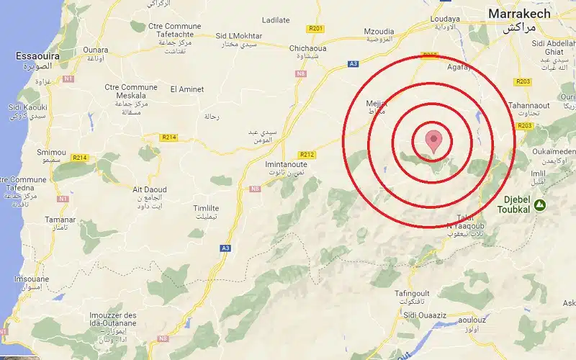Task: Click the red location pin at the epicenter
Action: coord(433,140)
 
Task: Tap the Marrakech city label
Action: coord(519,14)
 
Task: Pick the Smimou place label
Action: coord(51,153)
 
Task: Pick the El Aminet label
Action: coord(186,89)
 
